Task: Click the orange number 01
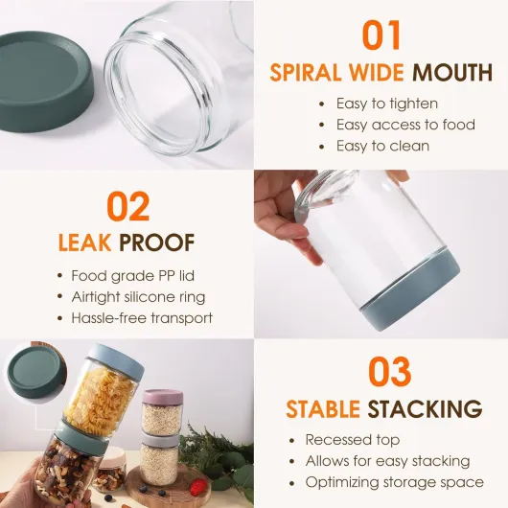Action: [381, 35]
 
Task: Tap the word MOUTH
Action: [452, 72]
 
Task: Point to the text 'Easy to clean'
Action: [382, 146]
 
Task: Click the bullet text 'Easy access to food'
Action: [405, 125]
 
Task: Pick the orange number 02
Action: [128, 206]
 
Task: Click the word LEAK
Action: [85, 242]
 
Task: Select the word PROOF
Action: [157, 242]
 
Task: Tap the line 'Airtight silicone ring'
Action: [138, 297]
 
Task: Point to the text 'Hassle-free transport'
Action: [142, 318]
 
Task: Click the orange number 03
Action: [390, 371]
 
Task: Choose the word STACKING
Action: [425, 408]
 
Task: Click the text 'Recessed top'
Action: [353, 440]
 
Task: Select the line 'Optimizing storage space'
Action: [395, 482]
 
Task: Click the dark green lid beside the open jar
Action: [45, 86]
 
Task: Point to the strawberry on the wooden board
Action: [197, 486]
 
